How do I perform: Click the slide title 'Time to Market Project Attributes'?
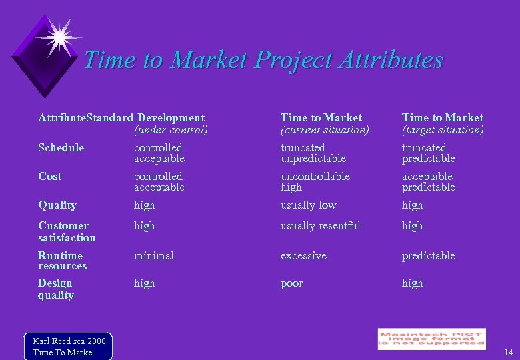263,60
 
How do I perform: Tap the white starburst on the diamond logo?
59,37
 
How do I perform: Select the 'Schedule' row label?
61,147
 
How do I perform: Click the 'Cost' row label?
49,176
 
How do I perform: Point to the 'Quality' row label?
57,205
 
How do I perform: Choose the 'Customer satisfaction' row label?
67,231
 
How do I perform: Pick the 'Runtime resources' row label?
62,261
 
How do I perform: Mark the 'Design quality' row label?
55,289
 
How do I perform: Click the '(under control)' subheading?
171,130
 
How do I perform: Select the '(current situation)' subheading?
324,130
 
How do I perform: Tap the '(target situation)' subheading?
443,130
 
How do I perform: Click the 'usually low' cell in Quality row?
308,205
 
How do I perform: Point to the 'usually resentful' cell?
320,226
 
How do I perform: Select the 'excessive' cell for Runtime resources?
303,255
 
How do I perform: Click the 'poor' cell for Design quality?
291,283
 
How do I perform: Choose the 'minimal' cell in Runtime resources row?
153,255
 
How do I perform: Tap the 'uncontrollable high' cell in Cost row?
315,182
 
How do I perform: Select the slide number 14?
508,352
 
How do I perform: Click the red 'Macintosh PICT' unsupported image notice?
431,339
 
